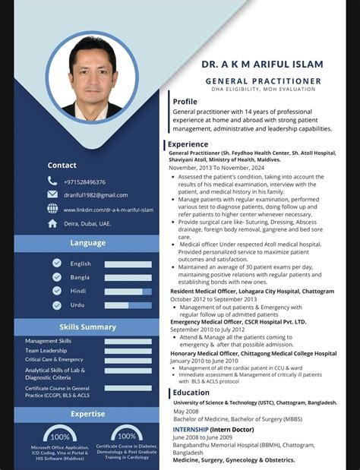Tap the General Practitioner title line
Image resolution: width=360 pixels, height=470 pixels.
point(262,80)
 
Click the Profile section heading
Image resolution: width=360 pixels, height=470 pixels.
point(185,101)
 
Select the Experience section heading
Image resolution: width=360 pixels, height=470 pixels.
point(188,144)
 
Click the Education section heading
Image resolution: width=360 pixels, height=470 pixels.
point(191,393)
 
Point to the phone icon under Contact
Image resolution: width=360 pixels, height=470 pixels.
point(52,181)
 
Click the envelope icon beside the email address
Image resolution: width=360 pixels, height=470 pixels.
point(52,195)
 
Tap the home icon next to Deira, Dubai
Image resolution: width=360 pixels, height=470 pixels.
point(52,224)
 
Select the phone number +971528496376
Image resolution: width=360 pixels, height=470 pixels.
point(84,182)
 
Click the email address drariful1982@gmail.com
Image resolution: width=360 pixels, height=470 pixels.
point(96,195)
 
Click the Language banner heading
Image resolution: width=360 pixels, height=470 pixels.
point(88,243)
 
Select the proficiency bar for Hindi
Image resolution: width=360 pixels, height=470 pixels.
point(128,292)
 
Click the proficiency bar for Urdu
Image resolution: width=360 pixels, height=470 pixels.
point(128,305)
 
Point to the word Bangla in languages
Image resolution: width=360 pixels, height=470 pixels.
point(81,277)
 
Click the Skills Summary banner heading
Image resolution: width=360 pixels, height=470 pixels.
point(88,326)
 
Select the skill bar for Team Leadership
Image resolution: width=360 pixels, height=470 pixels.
point(128,351)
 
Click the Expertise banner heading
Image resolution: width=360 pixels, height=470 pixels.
point(88,414)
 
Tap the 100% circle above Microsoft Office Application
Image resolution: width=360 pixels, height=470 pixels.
point(60,437)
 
